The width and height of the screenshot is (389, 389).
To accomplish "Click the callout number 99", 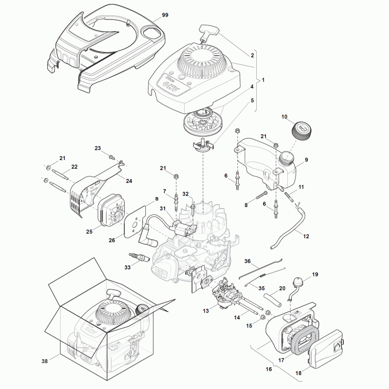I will click(165, 16).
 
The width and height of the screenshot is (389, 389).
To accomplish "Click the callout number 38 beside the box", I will click(45, 361).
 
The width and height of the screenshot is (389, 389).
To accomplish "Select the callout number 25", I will click(89, 232).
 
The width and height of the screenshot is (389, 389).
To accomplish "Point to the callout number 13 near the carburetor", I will click(206, 310).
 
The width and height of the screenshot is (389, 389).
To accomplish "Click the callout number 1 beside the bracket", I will click(263, 80).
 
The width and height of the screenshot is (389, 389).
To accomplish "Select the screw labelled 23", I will click(112, 157).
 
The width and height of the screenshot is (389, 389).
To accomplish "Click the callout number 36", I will click(247, 261).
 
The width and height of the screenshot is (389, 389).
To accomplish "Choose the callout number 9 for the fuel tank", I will click(306, 159).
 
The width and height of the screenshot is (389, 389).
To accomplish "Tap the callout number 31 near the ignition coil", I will click(163, 209).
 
